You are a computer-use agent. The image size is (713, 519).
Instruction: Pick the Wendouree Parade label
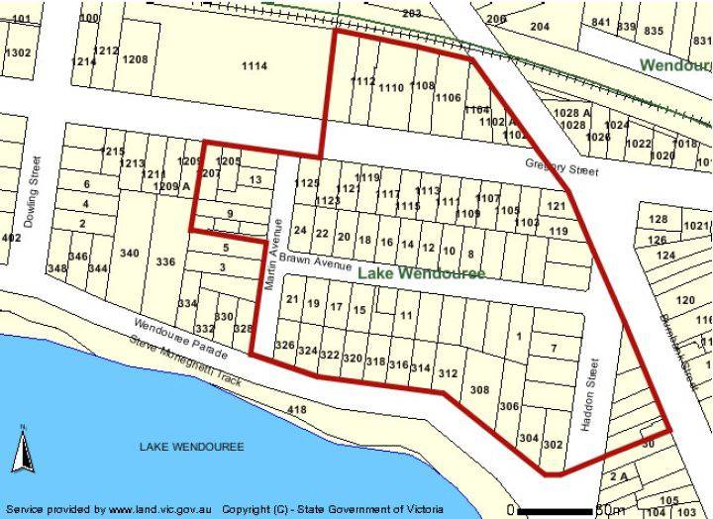178,339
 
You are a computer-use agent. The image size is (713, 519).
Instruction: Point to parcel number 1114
255,65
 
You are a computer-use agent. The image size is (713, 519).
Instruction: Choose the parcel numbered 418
295,409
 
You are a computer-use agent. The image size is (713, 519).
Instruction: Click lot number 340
129,254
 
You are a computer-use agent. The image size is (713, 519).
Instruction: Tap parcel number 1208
135,59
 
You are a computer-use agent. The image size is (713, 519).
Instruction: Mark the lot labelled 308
479,390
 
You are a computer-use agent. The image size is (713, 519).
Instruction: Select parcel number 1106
448,97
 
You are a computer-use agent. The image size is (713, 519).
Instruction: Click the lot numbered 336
165,261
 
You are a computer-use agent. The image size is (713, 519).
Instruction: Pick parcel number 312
448,373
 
